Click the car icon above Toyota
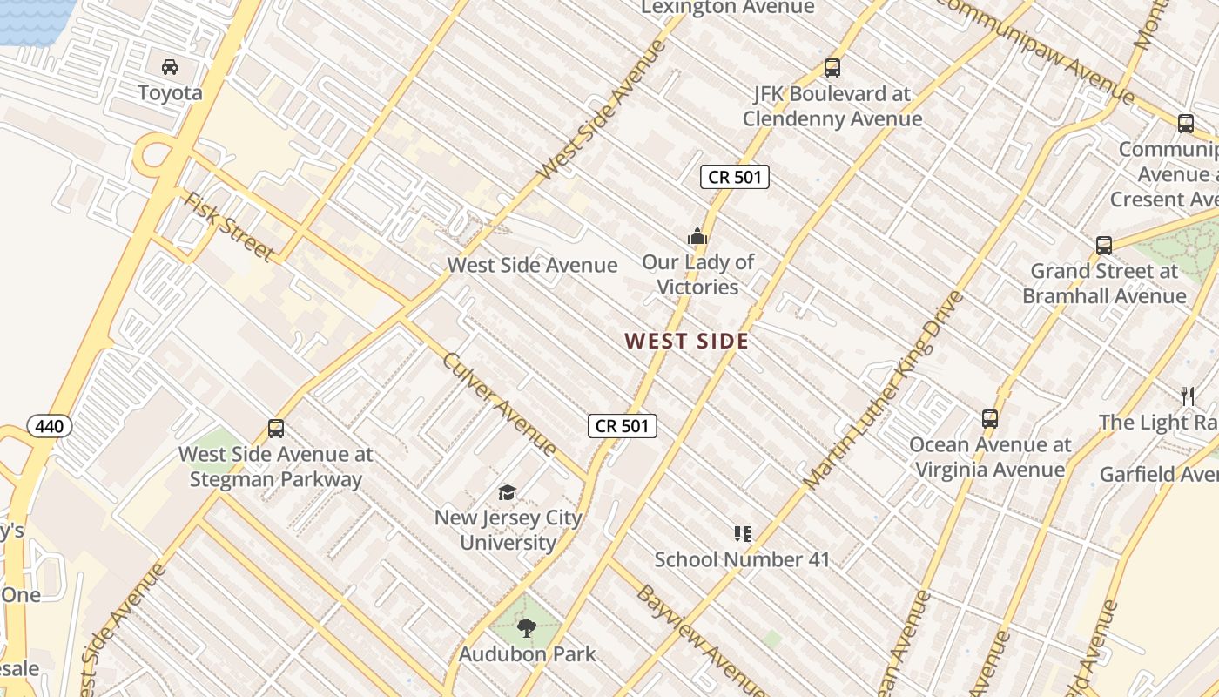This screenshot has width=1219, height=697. pos(170,67)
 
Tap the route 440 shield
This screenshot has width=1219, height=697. pos(50,426)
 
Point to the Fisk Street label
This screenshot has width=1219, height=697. pos(228,227)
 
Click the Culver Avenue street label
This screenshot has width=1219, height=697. pos(500,404)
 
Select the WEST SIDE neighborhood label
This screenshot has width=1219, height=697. pos(686,342)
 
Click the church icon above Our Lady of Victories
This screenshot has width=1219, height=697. pos(697,236)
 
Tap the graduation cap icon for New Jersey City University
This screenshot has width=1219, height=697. pos(507,493)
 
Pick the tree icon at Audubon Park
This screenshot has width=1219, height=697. pos(526,628)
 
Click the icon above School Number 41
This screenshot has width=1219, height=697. pos(742,534)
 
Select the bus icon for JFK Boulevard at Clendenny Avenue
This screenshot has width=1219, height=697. pos(832,68)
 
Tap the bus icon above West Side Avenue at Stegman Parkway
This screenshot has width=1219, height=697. pos(276,429)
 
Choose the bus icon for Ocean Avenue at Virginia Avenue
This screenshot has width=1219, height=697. pos(990,419)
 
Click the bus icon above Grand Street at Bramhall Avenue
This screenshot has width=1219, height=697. pos(1104,246)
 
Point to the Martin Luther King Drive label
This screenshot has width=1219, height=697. pos(884,389)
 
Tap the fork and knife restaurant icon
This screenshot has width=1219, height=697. pos(1188,396)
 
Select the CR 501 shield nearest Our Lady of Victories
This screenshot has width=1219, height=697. pos(735,177)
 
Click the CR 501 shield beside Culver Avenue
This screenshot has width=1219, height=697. pos(622,426)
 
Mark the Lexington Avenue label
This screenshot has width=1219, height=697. pos(728,8)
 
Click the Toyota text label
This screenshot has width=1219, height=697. pos(170,93)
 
